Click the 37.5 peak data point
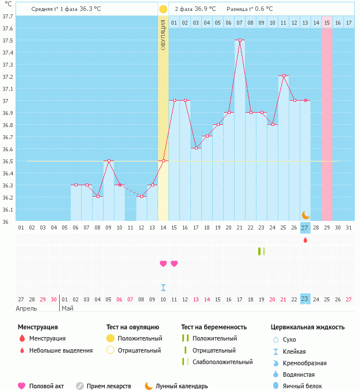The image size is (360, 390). click(x=240, y=40)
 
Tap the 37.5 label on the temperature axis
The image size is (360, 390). click(x=7, y=40)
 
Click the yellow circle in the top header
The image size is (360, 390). click(x=163, y=9)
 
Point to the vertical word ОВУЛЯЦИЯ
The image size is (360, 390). click(x=163, y=35)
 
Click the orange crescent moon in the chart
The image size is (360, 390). click(x=306, y=215)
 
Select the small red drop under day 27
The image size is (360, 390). click(x=305, y=240)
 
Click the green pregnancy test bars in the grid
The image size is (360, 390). click(x=262, y=251)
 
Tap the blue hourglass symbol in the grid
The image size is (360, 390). click(x=163, y=287)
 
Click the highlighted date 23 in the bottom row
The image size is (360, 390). click(x=305, y=299)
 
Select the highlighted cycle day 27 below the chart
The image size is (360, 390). click(x=305, y=228)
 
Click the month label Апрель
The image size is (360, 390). click(x=26, y=308)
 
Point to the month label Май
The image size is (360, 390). click(x=67, y=308)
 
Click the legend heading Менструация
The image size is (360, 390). click(x=37, y=327)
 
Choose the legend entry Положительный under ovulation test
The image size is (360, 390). click(x=140, y=338)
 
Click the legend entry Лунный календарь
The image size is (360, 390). click(x=182, y=386)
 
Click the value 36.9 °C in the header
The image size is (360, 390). click(x=205, y=9)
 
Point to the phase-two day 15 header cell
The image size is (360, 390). click(x=327, y=22)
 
